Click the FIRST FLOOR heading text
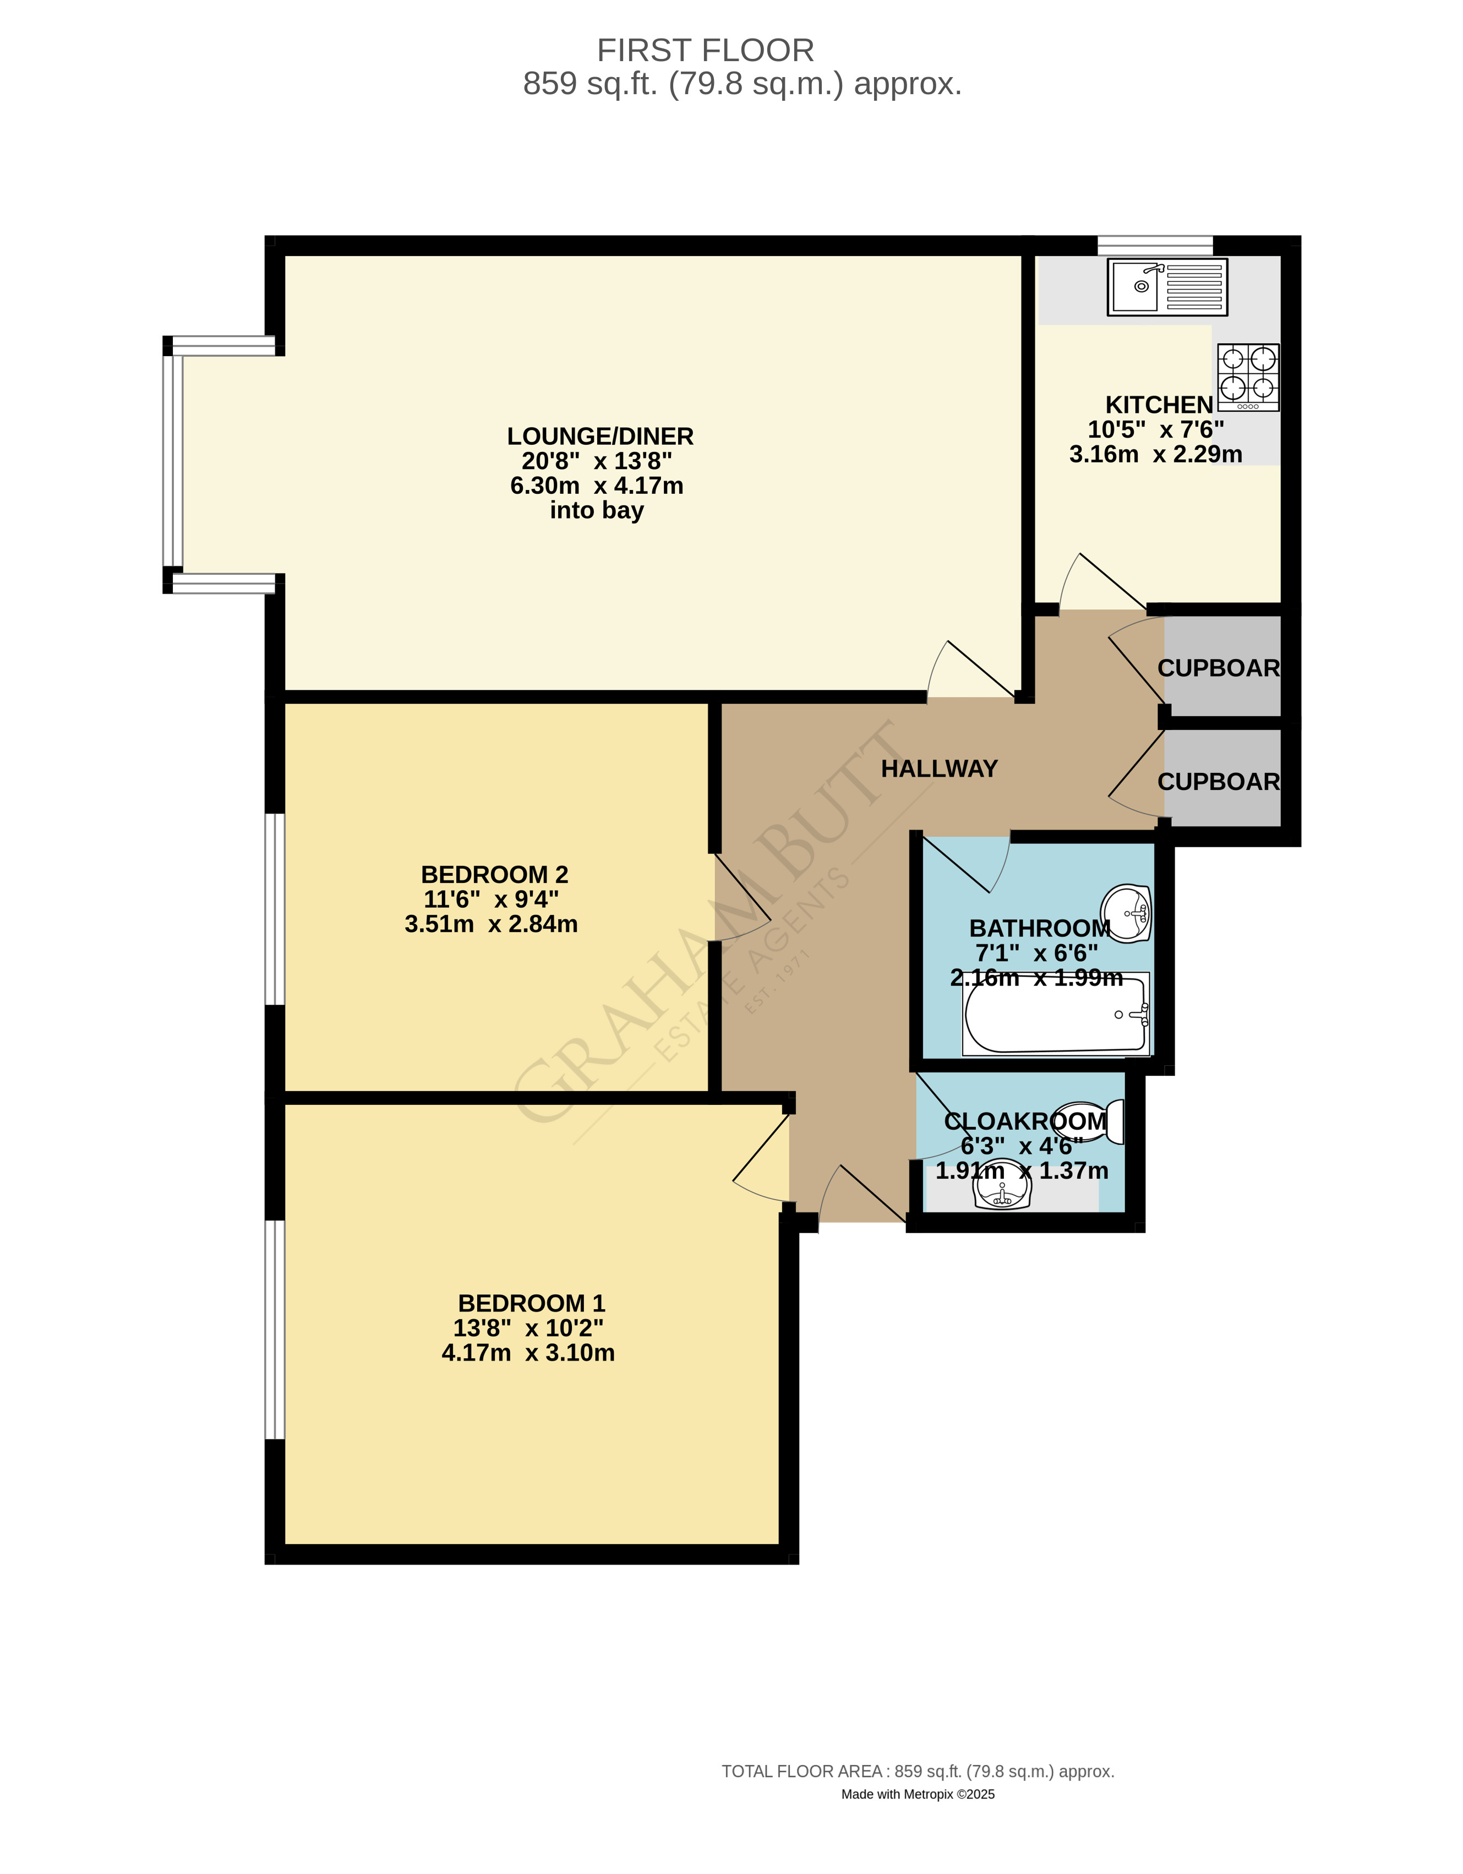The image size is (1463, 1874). pos(705,51)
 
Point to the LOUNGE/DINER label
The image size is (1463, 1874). pos(600,436)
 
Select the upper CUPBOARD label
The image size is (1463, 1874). pos(1218,668)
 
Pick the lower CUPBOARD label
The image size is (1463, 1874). pos(1218,782)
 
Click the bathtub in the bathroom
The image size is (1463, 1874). pos(1056,1014)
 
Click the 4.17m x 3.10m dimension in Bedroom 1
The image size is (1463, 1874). pos(528,1353)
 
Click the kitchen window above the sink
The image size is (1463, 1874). pos(1155,246)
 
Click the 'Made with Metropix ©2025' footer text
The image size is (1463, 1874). pos(918,1794)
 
